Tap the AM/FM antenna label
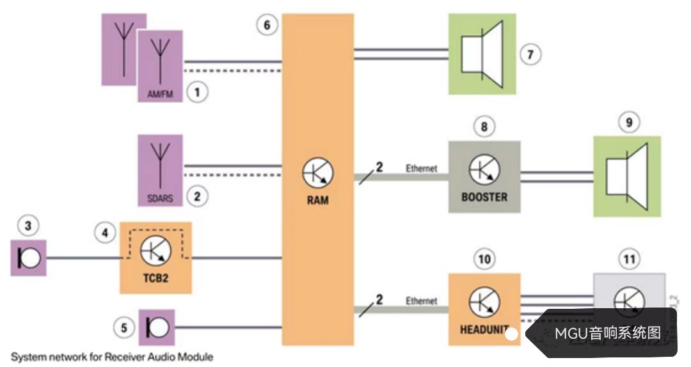coord(160,92)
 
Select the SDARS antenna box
coord(160,169)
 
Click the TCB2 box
coord(155,258)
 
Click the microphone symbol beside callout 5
coord(157,328)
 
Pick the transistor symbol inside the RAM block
coord(317,173)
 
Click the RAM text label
coord(317,200)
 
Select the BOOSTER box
coord(484,176)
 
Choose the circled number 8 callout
coord(484,127)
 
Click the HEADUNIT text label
coord(484,331)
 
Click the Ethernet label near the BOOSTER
coord(422,169)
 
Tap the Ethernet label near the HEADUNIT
coord(422,301)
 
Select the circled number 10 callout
coord(484,259)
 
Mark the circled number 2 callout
coord(197,196)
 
